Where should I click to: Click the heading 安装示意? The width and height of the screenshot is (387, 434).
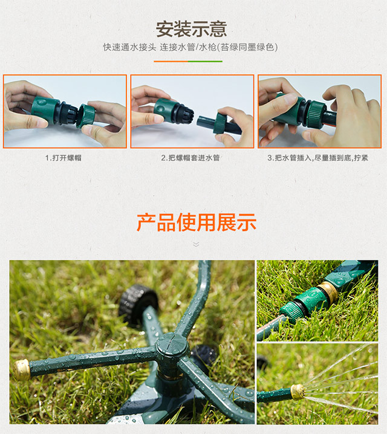[191, 29]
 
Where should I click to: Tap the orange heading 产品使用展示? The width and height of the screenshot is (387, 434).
[197, 222]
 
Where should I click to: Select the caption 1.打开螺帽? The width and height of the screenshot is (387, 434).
[63, 158]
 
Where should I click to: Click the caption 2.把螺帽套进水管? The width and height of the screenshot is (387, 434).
[190, 158]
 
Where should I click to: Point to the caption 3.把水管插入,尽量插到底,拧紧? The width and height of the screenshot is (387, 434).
[318, 158]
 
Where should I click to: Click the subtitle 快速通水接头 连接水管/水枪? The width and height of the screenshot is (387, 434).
[159, 47]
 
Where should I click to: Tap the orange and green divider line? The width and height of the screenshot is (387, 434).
[188, 62]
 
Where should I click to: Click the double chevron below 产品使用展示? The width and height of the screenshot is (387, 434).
[196, 244]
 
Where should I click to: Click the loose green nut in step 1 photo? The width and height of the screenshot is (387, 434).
[86, 115]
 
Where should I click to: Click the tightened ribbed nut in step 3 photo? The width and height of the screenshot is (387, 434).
[316, 114]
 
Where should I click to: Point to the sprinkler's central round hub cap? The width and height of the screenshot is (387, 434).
[172, 345]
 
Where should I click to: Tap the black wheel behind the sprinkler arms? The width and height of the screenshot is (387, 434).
[138, 305]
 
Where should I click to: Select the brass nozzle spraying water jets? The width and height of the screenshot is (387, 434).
[298, 392]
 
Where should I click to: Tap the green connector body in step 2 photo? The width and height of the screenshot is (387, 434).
[164, 110]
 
